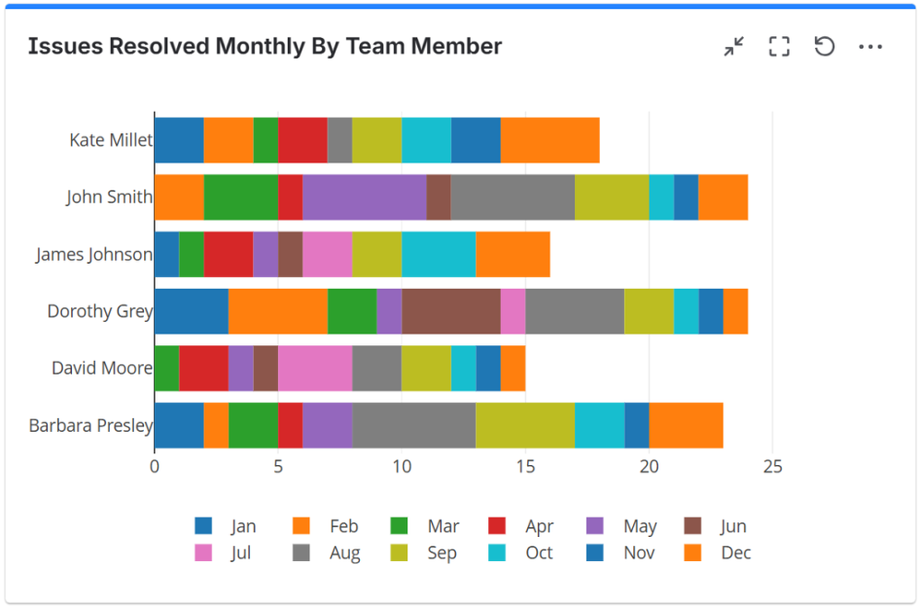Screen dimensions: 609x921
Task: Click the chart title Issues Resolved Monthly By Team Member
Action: coord(265,46)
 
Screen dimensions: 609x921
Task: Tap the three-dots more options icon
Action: coord(870,47)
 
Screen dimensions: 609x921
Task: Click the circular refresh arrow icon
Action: coord(824,46)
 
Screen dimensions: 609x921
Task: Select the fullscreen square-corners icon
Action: coord(779,47)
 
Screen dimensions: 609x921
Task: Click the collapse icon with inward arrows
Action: coord(734,47)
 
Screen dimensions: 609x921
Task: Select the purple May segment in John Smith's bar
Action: coord(364,197)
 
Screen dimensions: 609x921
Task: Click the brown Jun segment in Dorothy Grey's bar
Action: coord(450,311)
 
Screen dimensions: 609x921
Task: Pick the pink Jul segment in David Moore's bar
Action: coord(315,368)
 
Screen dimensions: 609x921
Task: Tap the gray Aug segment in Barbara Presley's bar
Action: coord(413,425)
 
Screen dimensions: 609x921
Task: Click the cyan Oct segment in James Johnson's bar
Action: coord(438,254)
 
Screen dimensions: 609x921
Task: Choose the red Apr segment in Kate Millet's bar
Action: coord(303,140)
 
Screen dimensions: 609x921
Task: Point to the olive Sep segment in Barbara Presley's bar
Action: coord(525,425)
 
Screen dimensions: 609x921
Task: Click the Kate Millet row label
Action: coord(111,140)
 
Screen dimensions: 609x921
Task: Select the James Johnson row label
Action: coord(93,255)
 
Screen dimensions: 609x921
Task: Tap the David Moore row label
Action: coord(102,368)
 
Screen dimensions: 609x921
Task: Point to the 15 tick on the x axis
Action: coord(525,466)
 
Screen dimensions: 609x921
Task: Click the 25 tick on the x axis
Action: coord(772,466)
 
